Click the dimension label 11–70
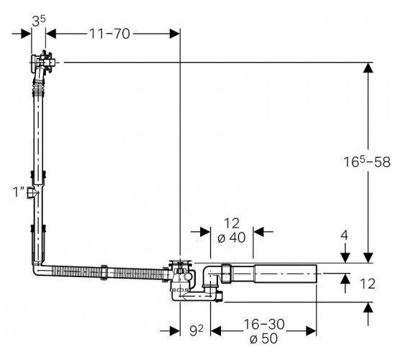[109, 34]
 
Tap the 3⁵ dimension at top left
[39, 21]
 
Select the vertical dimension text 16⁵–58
[367, 162]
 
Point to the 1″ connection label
[19, 192]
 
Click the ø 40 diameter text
[231, 238]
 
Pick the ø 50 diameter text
[263, 338]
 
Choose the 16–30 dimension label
[264, 324]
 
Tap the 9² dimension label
[196, 330]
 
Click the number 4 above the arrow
[345, 235]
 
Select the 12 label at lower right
[368, 284]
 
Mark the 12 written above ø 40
[232, 223]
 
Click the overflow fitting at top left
[42, 63]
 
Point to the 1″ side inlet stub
[31, 193]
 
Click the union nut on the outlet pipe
[226, 274]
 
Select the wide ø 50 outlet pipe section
[285, 274]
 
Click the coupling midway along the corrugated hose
[104, 272]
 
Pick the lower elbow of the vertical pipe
[40, 268]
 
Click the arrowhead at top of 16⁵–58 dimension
[368, 68]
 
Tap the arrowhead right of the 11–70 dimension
[174, 34]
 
